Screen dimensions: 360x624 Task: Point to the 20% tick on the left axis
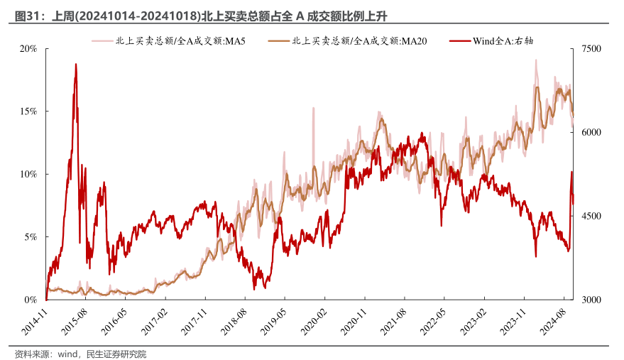pyautogui.click(x=28, y=49)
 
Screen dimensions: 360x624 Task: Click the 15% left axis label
pyautogui.click(x=28, y=111)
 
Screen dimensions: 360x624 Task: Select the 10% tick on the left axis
pyautogui.click(x=28, y=174)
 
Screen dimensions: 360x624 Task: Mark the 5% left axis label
pyautogui.click(x=31, y=236)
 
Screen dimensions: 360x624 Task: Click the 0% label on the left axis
pyautogui.click(x=31, y=300)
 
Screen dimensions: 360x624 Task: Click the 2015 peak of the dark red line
pyautogui.click(x=75, y=65)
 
